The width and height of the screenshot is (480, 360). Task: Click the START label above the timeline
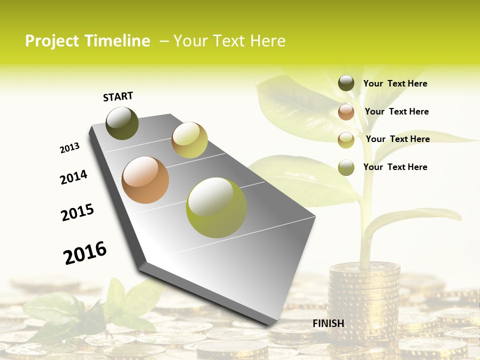[x=118, y=96]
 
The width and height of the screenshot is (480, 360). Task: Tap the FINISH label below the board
[x=328, y=323]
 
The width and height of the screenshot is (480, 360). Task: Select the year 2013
[x=70, y=148]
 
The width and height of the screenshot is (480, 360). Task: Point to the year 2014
[x=74, y=177]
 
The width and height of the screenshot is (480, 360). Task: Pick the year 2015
[x=77, y=212]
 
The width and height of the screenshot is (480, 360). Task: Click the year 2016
[x=85, y=252]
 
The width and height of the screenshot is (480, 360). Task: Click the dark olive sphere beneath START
[x=122, y=123]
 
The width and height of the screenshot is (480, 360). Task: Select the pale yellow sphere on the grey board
[x=189, y=140]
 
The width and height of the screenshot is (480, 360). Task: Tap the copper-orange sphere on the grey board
[x=145, y=180]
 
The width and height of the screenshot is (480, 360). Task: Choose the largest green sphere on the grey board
[x=216, y=207]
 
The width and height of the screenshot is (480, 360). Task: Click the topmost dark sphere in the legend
[x=346, y=83]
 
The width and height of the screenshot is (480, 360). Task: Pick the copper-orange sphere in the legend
[x=346, y=112]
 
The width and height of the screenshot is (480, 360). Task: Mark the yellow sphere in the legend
[x=346, y=140]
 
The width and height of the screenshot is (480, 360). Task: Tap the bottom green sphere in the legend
[x=346, y=167]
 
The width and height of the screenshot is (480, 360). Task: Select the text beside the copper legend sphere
[x=396, y=111]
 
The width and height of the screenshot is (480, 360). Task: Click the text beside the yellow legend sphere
[x=397, y=139]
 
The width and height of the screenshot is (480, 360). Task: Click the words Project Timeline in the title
[x=87, y=41]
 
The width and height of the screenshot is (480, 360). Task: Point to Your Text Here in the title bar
[x=229, y=41]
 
